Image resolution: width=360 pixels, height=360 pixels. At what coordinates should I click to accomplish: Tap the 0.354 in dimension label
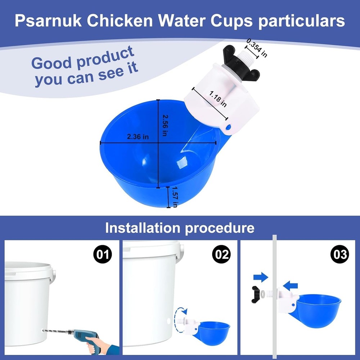coord(257,48)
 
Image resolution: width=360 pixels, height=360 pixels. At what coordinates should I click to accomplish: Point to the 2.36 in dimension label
coord(138,137)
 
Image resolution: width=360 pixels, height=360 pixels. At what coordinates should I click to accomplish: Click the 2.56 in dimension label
coord(165,125)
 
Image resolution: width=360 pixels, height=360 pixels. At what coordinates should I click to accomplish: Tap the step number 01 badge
coord(103,255)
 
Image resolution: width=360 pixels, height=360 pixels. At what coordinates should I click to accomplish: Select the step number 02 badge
coord(221,255)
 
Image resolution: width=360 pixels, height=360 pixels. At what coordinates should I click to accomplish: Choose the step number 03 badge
coord(339,255)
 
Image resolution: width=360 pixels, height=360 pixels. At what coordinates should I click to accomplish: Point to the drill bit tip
coord(44,330)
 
